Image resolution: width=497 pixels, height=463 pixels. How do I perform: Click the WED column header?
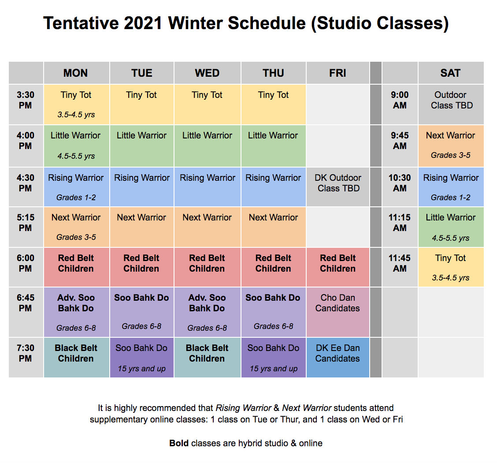tap(207, 73)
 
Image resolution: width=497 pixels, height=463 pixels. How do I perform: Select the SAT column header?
tap(450, 73)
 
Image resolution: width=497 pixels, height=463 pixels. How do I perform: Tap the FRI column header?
tap(338, 73)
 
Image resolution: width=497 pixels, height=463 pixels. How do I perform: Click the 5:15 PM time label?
tap(26, 223)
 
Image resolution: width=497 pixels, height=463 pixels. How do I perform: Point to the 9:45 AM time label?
tap(400, 141)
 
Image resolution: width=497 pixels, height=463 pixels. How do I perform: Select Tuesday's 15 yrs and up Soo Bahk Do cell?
tap(141, 358)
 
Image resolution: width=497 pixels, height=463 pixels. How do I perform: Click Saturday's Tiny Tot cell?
tap(450, 267)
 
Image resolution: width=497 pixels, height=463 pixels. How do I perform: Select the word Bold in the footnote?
tap(179, 443)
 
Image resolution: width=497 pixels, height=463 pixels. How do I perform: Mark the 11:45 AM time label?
tap(400, 263)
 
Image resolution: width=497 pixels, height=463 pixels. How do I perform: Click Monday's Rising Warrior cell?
tap(76, 186)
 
